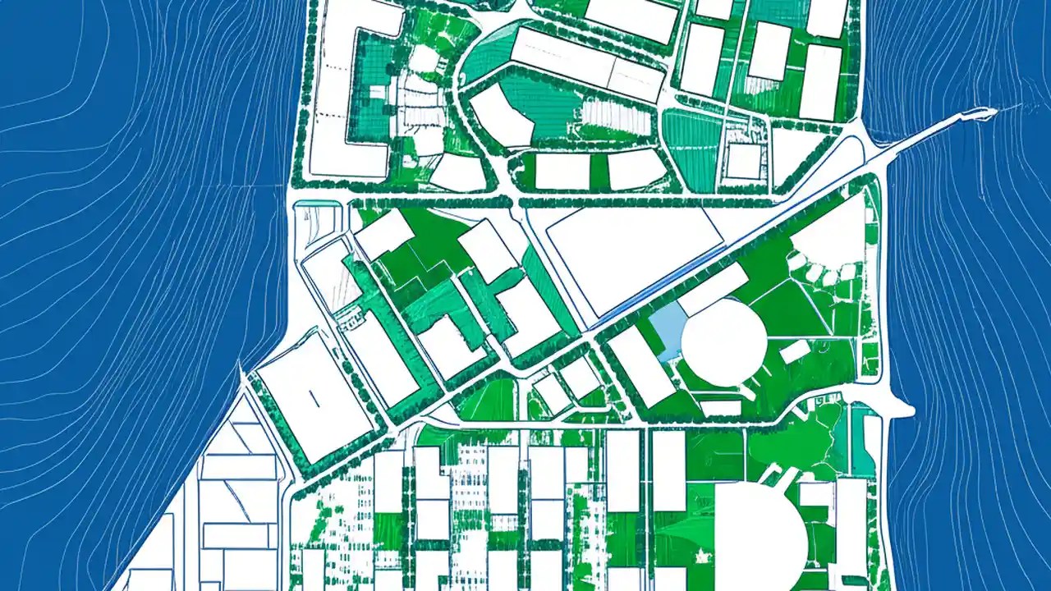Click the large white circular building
[x=723, y=341]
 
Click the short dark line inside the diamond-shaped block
[x=313, y=398]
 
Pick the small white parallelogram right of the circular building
[x=794, y=351]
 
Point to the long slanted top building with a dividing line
[x=586, y=64]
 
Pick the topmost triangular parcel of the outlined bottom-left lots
[x=243, y=410]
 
